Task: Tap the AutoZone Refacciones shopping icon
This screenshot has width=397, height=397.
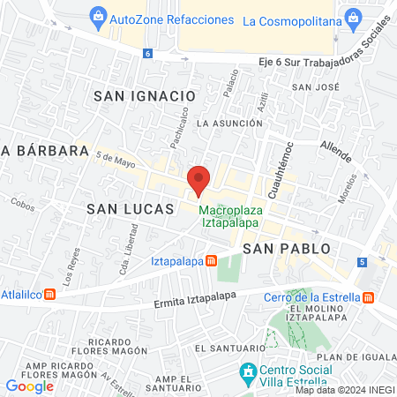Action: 98,17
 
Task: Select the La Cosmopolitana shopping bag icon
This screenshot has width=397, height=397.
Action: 354,18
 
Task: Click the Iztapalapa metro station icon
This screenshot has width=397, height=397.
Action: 211,261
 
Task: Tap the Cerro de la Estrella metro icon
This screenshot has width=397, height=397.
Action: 368,297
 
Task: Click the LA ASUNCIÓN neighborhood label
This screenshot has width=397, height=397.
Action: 229,123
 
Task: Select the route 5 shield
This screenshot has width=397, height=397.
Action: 362,262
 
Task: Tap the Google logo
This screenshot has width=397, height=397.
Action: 30,386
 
